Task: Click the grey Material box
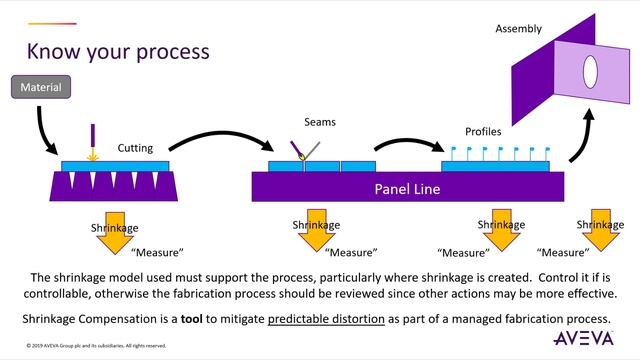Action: [41, 88]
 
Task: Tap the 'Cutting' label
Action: [135, 148]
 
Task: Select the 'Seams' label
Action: [320, 122]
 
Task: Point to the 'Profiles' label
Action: [484, 131]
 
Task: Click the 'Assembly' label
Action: [518, 29]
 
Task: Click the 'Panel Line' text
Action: [409, 187]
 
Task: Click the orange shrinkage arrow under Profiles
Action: [501, 229]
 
